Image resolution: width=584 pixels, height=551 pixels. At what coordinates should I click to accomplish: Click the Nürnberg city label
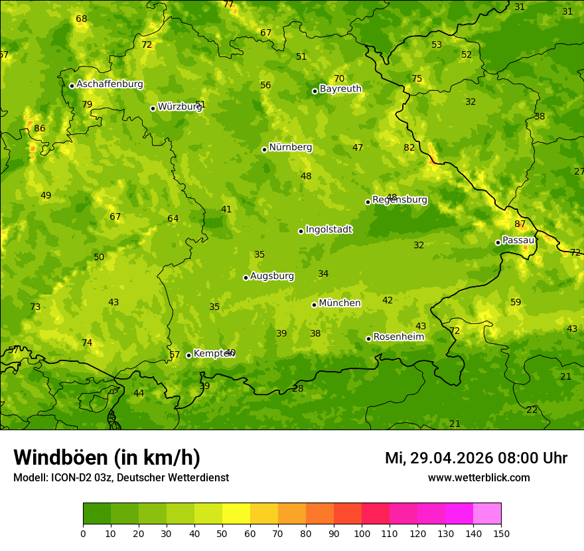(x=290, y=147)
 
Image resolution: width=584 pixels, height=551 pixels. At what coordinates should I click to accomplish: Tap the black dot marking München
(x=314, y=305)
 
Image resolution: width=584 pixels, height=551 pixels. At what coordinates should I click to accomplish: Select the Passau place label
(x=518, y=240)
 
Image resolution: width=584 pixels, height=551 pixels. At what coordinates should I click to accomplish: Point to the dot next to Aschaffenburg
(x=72, y=86)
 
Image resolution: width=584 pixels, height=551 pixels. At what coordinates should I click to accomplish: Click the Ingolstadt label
(x=328, y=230)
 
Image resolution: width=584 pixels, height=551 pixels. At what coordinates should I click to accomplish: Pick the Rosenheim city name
(x=398, y=337)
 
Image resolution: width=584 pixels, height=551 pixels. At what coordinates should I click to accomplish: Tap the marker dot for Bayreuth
(x=315, y=91)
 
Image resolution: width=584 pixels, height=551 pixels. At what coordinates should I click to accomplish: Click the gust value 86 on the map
(x=40, y=129)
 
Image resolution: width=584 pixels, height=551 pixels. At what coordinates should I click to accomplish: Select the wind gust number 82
(x=409, y=148)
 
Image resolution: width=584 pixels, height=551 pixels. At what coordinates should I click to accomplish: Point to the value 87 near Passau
(x=520, y=224)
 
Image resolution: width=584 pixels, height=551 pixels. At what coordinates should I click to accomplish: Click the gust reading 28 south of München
(x=298, y=389)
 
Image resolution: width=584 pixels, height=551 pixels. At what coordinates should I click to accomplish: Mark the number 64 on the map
(x=173, y=219)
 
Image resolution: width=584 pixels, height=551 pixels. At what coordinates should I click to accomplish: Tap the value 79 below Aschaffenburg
(x=87, y=105)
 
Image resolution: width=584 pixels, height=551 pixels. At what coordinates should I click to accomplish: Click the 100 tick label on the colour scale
(x=362, y=534)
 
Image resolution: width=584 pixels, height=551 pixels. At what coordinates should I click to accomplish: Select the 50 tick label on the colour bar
(x=222, y=534)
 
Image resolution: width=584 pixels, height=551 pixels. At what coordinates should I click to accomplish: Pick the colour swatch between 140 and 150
(x=487, y=514)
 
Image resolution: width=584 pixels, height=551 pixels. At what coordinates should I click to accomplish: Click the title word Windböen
(x=60, y=457)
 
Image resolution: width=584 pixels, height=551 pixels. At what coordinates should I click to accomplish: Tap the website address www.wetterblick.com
(x=478, y=477)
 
